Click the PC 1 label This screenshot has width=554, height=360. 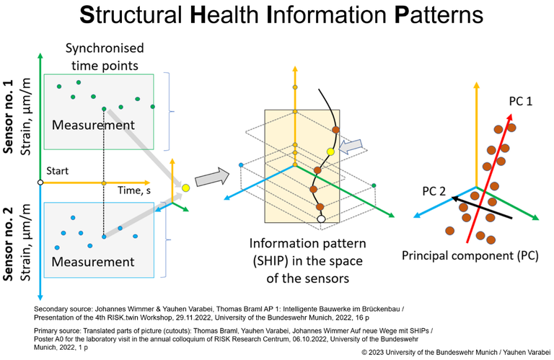tap(520, 102)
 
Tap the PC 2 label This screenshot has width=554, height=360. tap(434, 191)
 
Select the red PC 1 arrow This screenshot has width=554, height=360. tap(489, 178)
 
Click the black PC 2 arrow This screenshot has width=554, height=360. tap(482, 208)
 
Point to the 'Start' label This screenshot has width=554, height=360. tap(57, 171)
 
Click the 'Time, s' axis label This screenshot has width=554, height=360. tap(134, 190)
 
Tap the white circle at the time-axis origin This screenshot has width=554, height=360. tap(40, 183)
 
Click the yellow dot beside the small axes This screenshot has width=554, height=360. tap(186, 188)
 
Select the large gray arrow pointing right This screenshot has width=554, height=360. tap(212, 176)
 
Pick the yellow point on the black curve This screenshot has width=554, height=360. tap(330, 152)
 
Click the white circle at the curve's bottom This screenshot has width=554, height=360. tap(321, 219)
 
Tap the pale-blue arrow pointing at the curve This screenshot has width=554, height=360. tap(351, 146)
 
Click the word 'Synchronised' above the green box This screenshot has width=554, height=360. tap(105, 48)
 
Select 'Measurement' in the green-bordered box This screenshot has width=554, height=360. tap(93, 125)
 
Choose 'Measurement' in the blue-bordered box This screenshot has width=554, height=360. tap(93, 262)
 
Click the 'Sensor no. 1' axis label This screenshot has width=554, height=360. tap(8, 117)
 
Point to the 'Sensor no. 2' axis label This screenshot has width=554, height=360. tap(8, 244)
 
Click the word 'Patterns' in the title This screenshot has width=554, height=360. tap(439, 15)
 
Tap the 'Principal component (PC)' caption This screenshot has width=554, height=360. tap(470, 255)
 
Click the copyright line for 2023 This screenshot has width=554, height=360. tap(456, 352)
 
